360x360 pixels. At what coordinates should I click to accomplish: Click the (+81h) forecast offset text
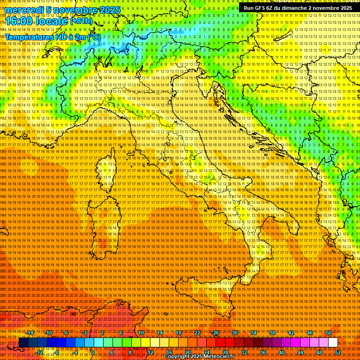pos(82,21)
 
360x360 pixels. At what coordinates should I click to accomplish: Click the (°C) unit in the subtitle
pos(94,37)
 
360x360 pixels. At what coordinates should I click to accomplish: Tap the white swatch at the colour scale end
pos(333,343)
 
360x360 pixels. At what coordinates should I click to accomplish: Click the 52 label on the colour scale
pos(338,352)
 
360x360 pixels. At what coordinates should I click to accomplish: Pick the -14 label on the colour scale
pos(30,333)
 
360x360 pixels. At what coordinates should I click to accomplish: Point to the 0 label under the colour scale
pos(93,352)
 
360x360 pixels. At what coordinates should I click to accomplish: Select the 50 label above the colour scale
pos(329,333)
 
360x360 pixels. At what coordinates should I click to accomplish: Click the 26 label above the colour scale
pos(216,333)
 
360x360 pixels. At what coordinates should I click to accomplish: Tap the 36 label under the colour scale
pos(262,352)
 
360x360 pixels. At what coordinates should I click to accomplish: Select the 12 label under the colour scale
pos(150,352)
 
